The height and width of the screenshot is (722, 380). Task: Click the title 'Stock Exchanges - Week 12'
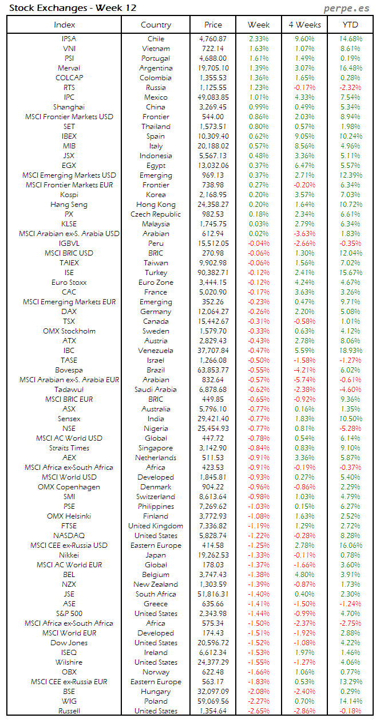(x=73, y=7)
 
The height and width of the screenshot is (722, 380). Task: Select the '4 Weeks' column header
(x=304, y=25)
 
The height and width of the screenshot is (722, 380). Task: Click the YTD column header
(x=350, y=25)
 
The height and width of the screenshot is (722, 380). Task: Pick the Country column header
(x=156, y=25)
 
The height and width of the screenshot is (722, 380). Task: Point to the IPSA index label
(x=69, y=39)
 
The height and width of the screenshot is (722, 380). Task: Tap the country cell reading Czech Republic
(x=156, y=214)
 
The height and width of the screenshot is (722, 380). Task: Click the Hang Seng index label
(x=69, y=205)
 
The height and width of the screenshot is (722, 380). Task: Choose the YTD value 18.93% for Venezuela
(x=350, y=351)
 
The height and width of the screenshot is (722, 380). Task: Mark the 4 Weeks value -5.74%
(x=304, y=380)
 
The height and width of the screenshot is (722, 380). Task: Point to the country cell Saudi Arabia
(x=156, y=390)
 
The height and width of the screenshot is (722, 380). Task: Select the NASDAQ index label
(x=69, y=536)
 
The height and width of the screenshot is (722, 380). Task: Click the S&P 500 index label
(x=69, y=614)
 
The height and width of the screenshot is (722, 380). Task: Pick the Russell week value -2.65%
(x=259, y=711)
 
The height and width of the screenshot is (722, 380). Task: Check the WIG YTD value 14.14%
(x=350, y=701)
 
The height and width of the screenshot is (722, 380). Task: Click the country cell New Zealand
(x=156, y=584)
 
